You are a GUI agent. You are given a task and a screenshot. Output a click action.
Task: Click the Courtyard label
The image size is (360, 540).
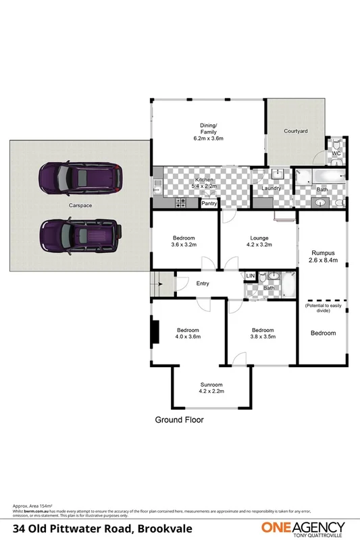pyautogui.click(x=296, y=130)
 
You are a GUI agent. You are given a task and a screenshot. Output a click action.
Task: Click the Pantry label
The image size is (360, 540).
pyautogui.click(x=209, y=203)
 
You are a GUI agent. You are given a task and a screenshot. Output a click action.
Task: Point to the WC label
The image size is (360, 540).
pyautogui.click(x=334, y=154)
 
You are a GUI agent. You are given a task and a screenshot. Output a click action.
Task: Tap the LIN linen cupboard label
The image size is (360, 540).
pyautogui.click(x=251, y=275)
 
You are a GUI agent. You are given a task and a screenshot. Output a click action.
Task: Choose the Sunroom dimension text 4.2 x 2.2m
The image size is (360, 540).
pyautogui.click(x=211, y=390)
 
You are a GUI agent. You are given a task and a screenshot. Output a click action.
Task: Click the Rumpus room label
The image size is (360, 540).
pyautogui.click(x=322, y=253)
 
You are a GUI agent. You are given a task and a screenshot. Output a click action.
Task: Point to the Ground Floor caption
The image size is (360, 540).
pyautogui.click(x=180, y=420)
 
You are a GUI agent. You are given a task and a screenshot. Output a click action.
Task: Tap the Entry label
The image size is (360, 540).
pyautogui.click(x=203, y=283)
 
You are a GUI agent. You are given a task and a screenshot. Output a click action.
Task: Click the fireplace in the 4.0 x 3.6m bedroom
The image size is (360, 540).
pyautogui.click(x=155, y=331)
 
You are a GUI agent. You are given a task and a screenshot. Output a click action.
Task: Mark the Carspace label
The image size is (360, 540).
pyautogui.click(x=80, y=205)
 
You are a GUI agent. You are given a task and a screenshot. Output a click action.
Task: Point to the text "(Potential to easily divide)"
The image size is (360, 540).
pyautogui.click(x=322, y=309)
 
